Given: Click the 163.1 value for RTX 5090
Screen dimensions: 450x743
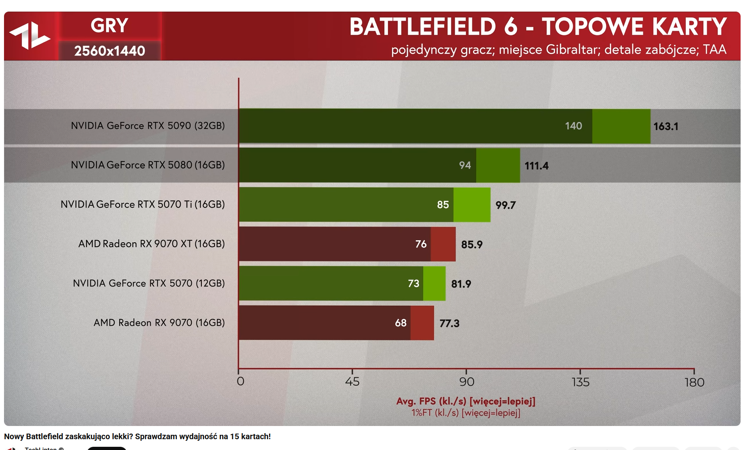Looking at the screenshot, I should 666,127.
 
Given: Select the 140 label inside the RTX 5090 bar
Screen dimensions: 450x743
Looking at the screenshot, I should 573,126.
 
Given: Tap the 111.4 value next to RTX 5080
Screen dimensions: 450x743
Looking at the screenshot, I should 536,166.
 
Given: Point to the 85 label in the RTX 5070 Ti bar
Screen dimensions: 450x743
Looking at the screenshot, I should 443,205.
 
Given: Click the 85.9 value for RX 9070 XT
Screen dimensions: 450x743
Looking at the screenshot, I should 472,245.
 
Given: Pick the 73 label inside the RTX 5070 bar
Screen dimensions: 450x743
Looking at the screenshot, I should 414,284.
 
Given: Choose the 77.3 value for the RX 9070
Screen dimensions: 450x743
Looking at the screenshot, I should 449,323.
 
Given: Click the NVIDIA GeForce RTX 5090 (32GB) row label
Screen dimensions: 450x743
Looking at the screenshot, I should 148,126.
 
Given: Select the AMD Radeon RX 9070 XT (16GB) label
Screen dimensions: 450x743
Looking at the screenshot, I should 151,244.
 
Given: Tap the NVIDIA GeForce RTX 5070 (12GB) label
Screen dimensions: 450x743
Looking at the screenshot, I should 149,283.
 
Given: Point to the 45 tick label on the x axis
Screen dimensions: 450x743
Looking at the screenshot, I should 352,382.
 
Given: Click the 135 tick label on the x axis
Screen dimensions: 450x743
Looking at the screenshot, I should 580,382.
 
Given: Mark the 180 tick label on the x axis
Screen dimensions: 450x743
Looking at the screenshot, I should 694,382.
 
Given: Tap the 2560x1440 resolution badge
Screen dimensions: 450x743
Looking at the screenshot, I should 109,51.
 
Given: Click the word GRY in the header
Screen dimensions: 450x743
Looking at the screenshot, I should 109,26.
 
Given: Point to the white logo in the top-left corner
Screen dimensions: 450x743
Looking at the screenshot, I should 30,36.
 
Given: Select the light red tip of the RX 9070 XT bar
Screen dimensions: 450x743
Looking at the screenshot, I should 443,244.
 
